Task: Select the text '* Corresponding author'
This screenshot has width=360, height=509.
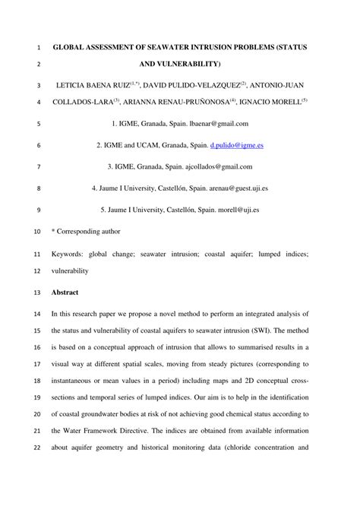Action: tap(85, 229)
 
